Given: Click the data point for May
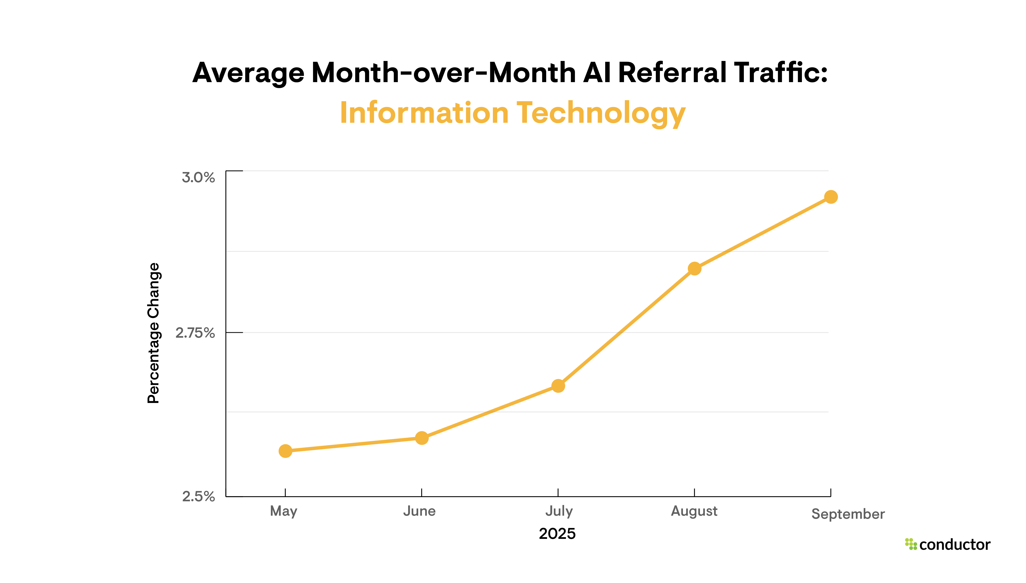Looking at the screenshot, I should click(x=285, y=451).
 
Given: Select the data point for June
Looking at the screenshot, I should click(x=422, y=438).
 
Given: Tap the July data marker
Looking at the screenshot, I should click(x=558, y=386).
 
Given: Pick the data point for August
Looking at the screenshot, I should click(x=695, y=269).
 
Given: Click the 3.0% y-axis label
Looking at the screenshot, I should click(x=198, y=177).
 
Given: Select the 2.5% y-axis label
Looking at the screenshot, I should click(x=198, y=497).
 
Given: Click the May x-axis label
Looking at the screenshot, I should click(x=284, y=511).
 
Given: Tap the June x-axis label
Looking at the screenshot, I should click(x=419, y=511).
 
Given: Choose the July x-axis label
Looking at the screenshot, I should click(x=559, y=511).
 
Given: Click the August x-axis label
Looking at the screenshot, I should click(x=694, y=511).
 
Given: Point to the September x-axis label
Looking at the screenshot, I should click(x=848, y=514).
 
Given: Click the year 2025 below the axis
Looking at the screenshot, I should click(x=557, y=534).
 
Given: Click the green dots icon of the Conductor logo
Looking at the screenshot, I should click(x=911, y=544).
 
